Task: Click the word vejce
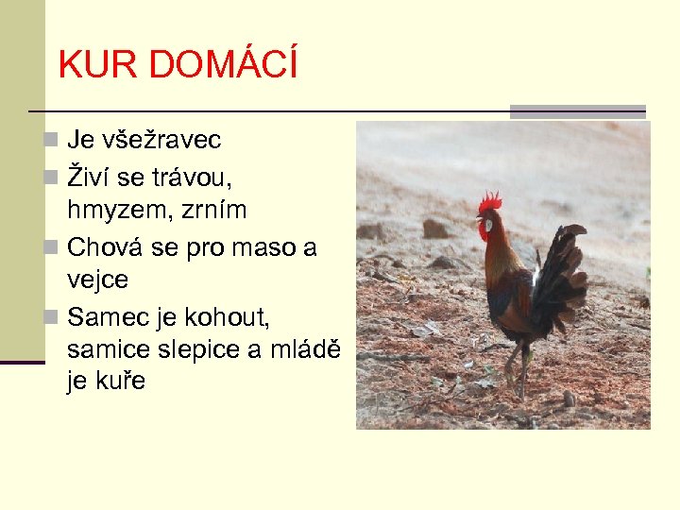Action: pos(97,280)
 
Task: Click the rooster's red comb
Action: pos(489,201)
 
